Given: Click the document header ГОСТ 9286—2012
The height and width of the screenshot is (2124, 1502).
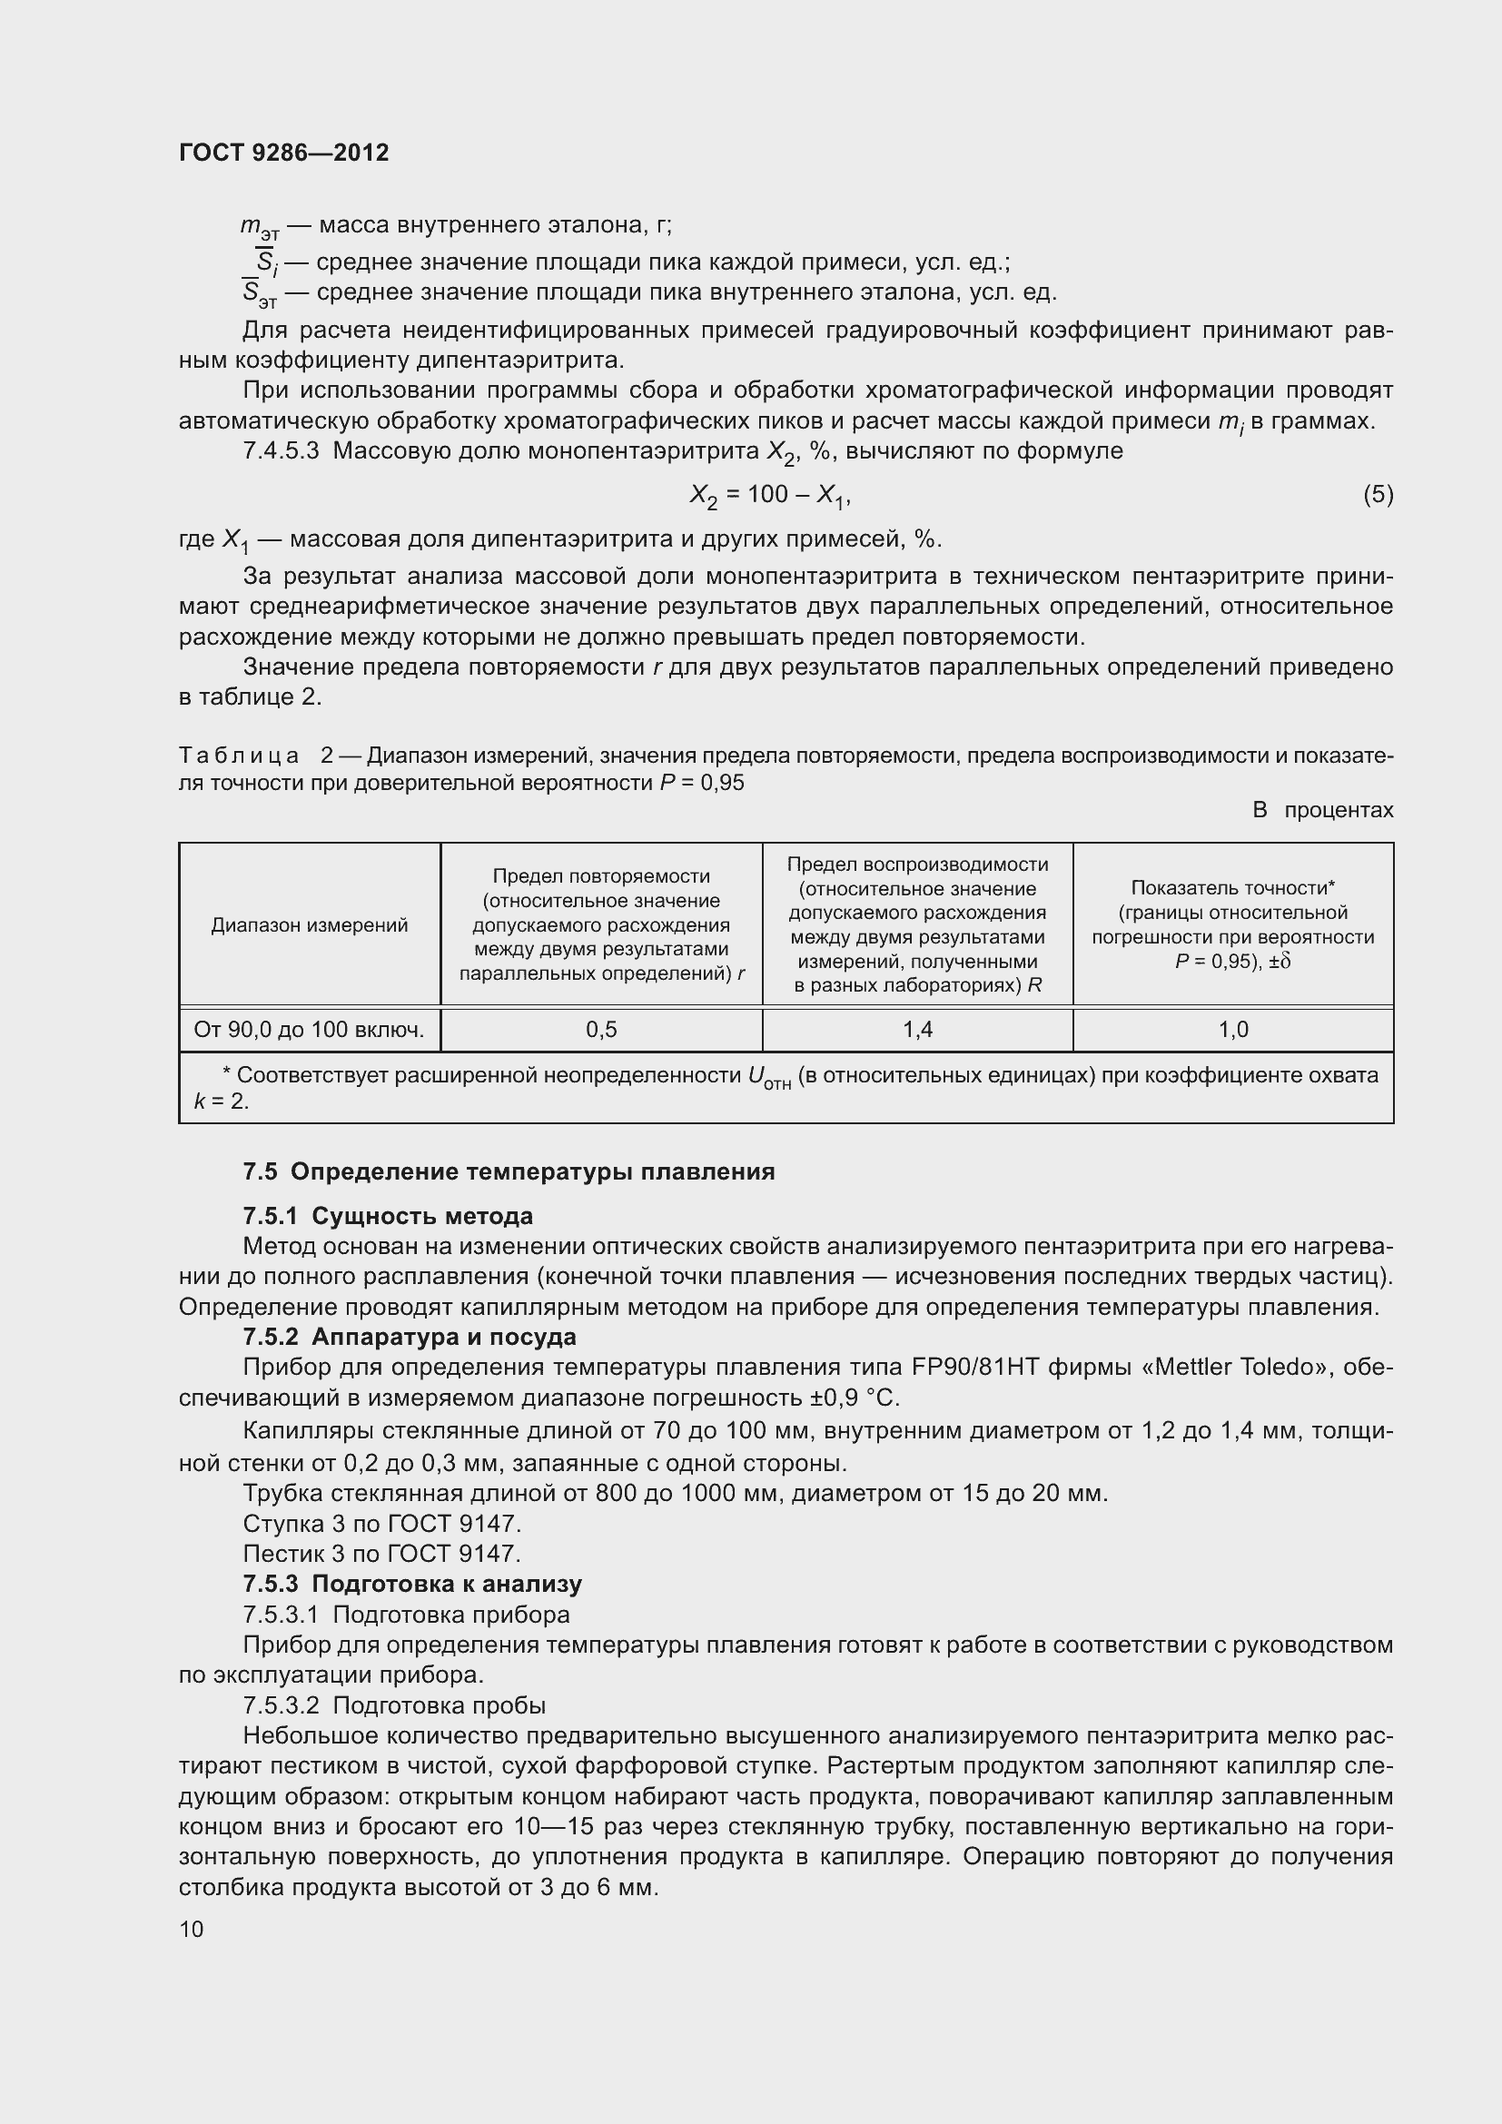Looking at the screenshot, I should (x=283, y=153).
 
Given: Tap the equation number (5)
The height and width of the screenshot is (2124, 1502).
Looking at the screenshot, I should (x=1378, y=495).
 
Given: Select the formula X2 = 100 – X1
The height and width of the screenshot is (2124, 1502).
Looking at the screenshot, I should (x=769, y=496).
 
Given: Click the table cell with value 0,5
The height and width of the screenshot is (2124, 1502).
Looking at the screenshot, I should (x=601, y=1030).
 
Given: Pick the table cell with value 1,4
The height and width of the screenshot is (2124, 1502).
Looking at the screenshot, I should (x=917, y=1030).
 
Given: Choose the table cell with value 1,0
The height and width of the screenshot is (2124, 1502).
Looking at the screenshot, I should (x=1233, y=1030).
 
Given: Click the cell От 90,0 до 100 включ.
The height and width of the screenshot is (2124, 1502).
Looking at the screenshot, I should (x=309, y=1030).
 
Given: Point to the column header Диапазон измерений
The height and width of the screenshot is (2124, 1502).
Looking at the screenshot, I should (x=309, y=925).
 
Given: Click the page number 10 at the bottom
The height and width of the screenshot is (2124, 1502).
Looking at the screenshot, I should (x=192, y=1930).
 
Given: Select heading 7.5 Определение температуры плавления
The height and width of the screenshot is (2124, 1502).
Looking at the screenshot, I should (x=509, y=1172).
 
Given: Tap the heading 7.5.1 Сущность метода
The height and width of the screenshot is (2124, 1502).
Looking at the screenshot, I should (x=388, y=1216).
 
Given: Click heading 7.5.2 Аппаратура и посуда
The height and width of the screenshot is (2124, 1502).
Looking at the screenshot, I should (x=409, y=1337).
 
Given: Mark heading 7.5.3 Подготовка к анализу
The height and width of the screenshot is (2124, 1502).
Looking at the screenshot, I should (x=412, y=1584).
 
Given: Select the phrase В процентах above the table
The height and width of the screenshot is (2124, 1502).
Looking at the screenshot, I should (x=1321, y=810).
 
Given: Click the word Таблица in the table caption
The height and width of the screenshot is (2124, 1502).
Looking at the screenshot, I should (x=239, y=756).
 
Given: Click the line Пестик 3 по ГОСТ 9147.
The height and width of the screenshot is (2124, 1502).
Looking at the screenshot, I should (x=382, y=1553).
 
